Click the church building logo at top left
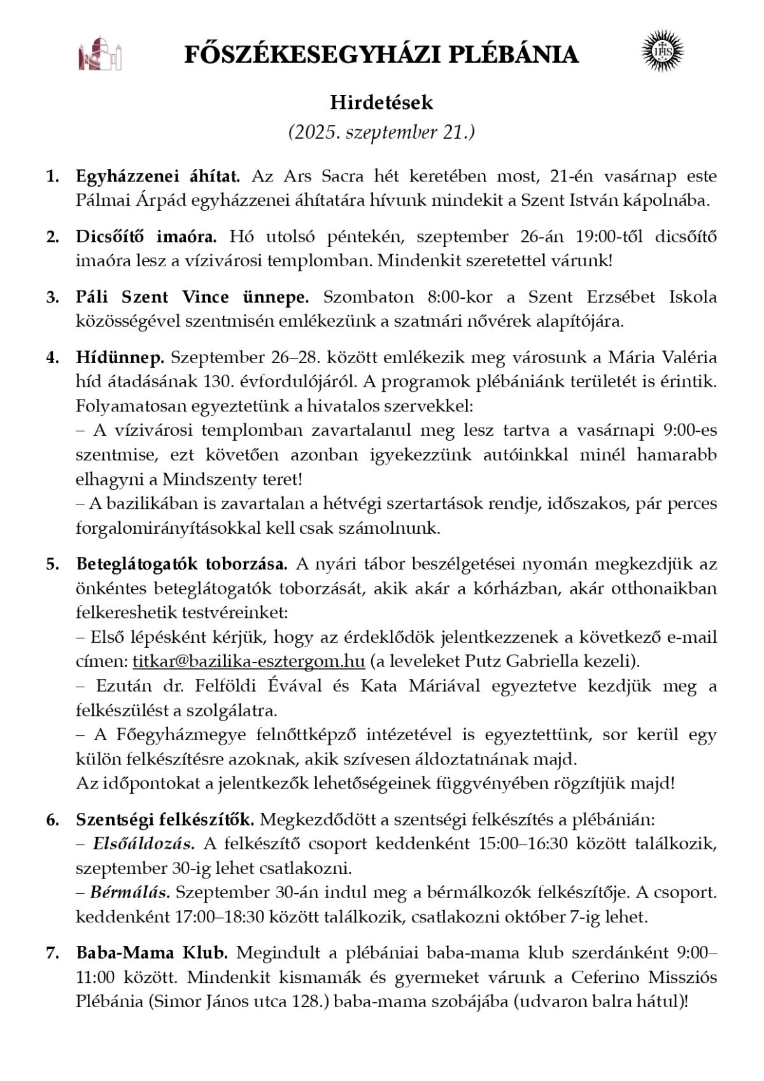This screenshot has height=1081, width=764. [100, 54]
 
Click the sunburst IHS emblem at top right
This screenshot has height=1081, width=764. [661, 51]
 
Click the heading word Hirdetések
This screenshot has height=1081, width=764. [381, 103]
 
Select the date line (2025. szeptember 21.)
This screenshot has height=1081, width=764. [381, 132]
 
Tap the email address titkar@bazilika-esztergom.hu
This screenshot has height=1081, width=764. [248, 662]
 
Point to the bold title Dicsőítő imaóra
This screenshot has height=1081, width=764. [146, 236]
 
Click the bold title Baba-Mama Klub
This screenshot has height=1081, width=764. [152, 953]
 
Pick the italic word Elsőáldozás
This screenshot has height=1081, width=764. [144, 844]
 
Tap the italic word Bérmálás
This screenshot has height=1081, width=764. [130, 892]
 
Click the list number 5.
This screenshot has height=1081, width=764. [52, 564]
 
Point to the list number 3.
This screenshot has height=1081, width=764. [52, 297]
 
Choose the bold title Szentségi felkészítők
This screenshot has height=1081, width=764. [165, 819]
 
